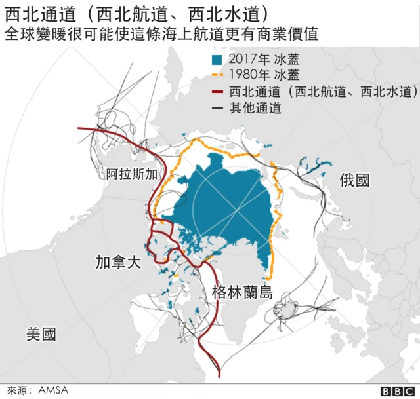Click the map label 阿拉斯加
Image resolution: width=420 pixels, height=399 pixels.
(x=132, y=174)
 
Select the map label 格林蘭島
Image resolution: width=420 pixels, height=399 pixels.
(x=242, y=293)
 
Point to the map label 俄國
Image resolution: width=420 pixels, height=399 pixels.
(x=355, y=181)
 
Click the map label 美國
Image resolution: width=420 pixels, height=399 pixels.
(x=41, y=334)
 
